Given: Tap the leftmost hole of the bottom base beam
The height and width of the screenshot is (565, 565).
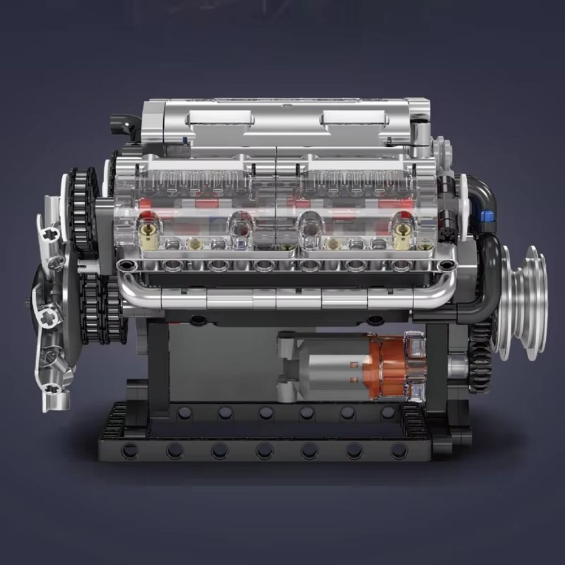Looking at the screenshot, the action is [x=129, y=450].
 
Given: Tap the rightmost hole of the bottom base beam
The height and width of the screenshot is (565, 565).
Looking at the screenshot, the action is [x=399, y=450].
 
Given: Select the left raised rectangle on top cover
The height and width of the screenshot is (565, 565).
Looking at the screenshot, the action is [x=221, y=118].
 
